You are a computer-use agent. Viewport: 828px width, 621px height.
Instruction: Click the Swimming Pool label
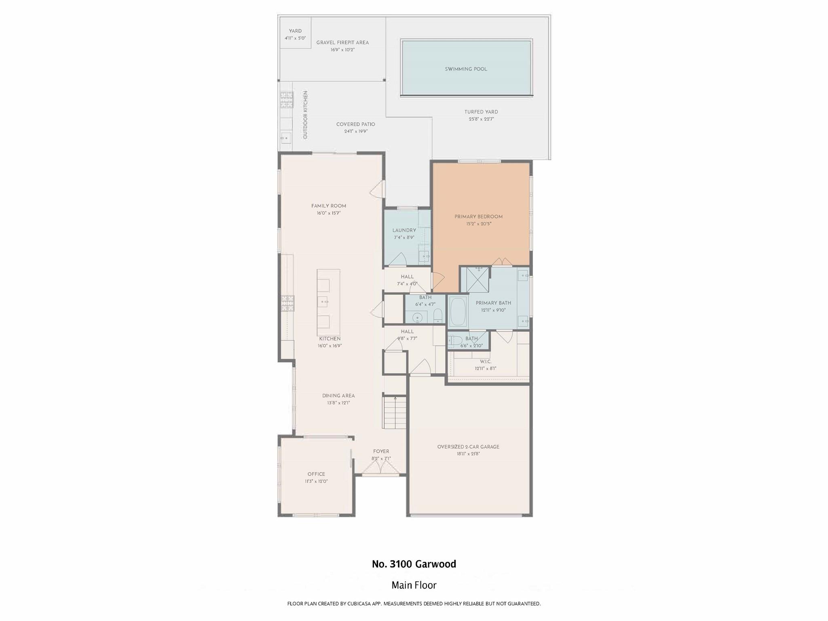tap(466, 69)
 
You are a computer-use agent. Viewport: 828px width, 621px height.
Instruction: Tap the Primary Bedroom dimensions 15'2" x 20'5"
tap(478, 224)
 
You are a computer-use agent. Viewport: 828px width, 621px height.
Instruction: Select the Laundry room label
tap(404, 230)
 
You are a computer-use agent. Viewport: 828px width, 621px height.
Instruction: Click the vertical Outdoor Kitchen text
tap(306, 115)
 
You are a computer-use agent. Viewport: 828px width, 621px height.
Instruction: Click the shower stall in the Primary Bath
tap(477, 280)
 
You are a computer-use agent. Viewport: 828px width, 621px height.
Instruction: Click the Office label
tap(316, 474)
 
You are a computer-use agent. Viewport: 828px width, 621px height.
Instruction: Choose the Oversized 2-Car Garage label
tap(468, 447)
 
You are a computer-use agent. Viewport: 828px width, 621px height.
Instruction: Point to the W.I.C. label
tap(485, 361)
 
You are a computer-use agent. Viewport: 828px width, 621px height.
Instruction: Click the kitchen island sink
tap(325, 301)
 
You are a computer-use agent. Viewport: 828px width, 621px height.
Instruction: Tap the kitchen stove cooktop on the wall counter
tap(288, 304)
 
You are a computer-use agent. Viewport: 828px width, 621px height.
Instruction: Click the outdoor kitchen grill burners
tap(287, 100)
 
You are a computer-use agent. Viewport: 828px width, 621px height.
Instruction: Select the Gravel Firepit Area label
tap(342, 42)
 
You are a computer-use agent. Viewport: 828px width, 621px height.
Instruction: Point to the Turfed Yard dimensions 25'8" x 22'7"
tap(481, 119)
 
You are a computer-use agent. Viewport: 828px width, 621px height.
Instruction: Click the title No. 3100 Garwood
tap(414, 564)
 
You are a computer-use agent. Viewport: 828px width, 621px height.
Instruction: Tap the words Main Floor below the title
tap(414, 585)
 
